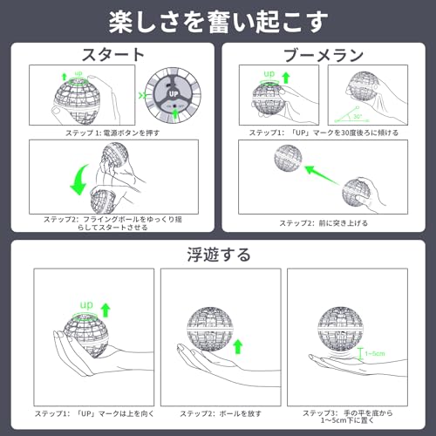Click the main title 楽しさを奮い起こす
point(217,20)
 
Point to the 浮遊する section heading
point(218,255)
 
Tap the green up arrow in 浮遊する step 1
point(106,309)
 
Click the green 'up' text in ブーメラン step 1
point(269,74)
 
